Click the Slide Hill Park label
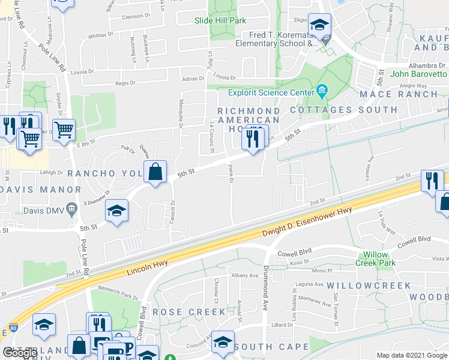coord(220,20)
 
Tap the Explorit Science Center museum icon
coord(322,92)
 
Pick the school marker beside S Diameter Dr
coord(116,209)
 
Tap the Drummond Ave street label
coord(265,288)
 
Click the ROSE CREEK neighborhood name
coord(189,312)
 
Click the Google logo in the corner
coord(20,353)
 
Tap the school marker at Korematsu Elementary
coord(319,25)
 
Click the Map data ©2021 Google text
coord(412,355)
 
